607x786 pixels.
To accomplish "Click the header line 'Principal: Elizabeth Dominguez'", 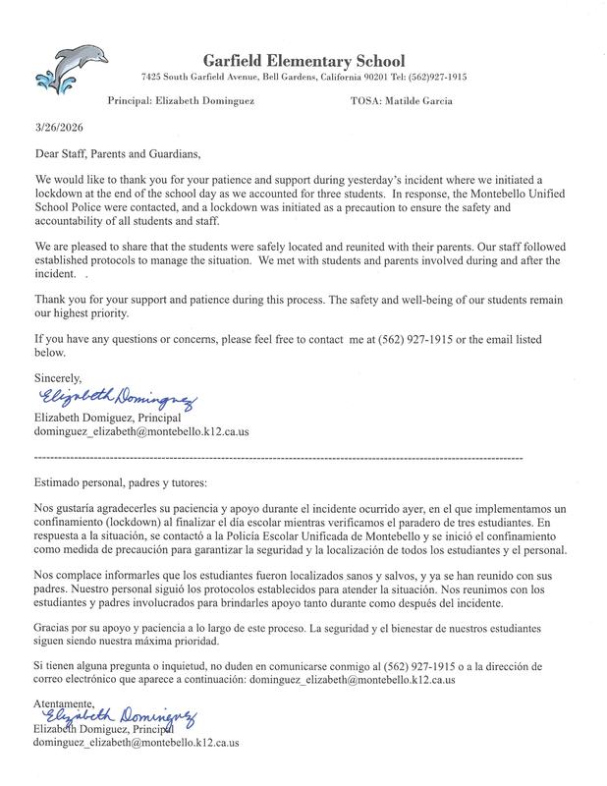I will tap(179, 100).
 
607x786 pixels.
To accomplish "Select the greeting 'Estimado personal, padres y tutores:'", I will tap(121, 483).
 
